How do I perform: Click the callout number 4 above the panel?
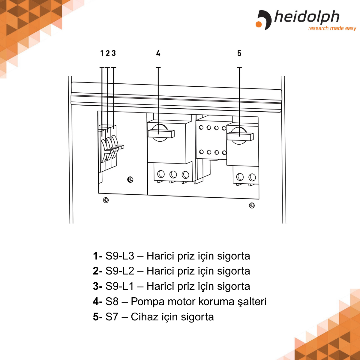pyautogui.click(x=158, y=53)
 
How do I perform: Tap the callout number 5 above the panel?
pyautogui.click(x=239, y=53)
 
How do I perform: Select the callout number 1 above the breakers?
pyautogui.click(x=102, y=53)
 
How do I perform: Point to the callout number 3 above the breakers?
pyautogui.click(x=114, y=53)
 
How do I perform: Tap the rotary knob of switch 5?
pyautogui.click(x=240, y=136)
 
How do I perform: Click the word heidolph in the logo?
pyautogui.click(x=307, y=17)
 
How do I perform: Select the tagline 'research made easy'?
pyautogui.click(x=332, y=28)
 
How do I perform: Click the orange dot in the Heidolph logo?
pyautogui.click(x=259, y=24)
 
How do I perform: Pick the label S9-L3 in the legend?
pyautogui.click(x=120, y=256)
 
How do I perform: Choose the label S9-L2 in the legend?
pyautogui.click(x=120, y=271)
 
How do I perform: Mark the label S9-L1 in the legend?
pyautogui.click(x=120, y=286)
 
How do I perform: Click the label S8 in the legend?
pyautogui.click(x=112, y=301)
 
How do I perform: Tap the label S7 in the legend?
pyautogui.click(x=112, y=317)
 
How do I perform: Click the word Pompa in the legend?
pyautogui.click(x=148, y=301)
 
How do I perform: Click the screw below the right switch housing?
pyautogui.click(x=252, y=205)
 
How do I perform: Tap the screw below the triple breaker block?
pyautogui.click(x=106, y=200)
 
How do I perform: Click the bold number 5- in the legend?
pyautogui.click(x=97, y=317)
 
